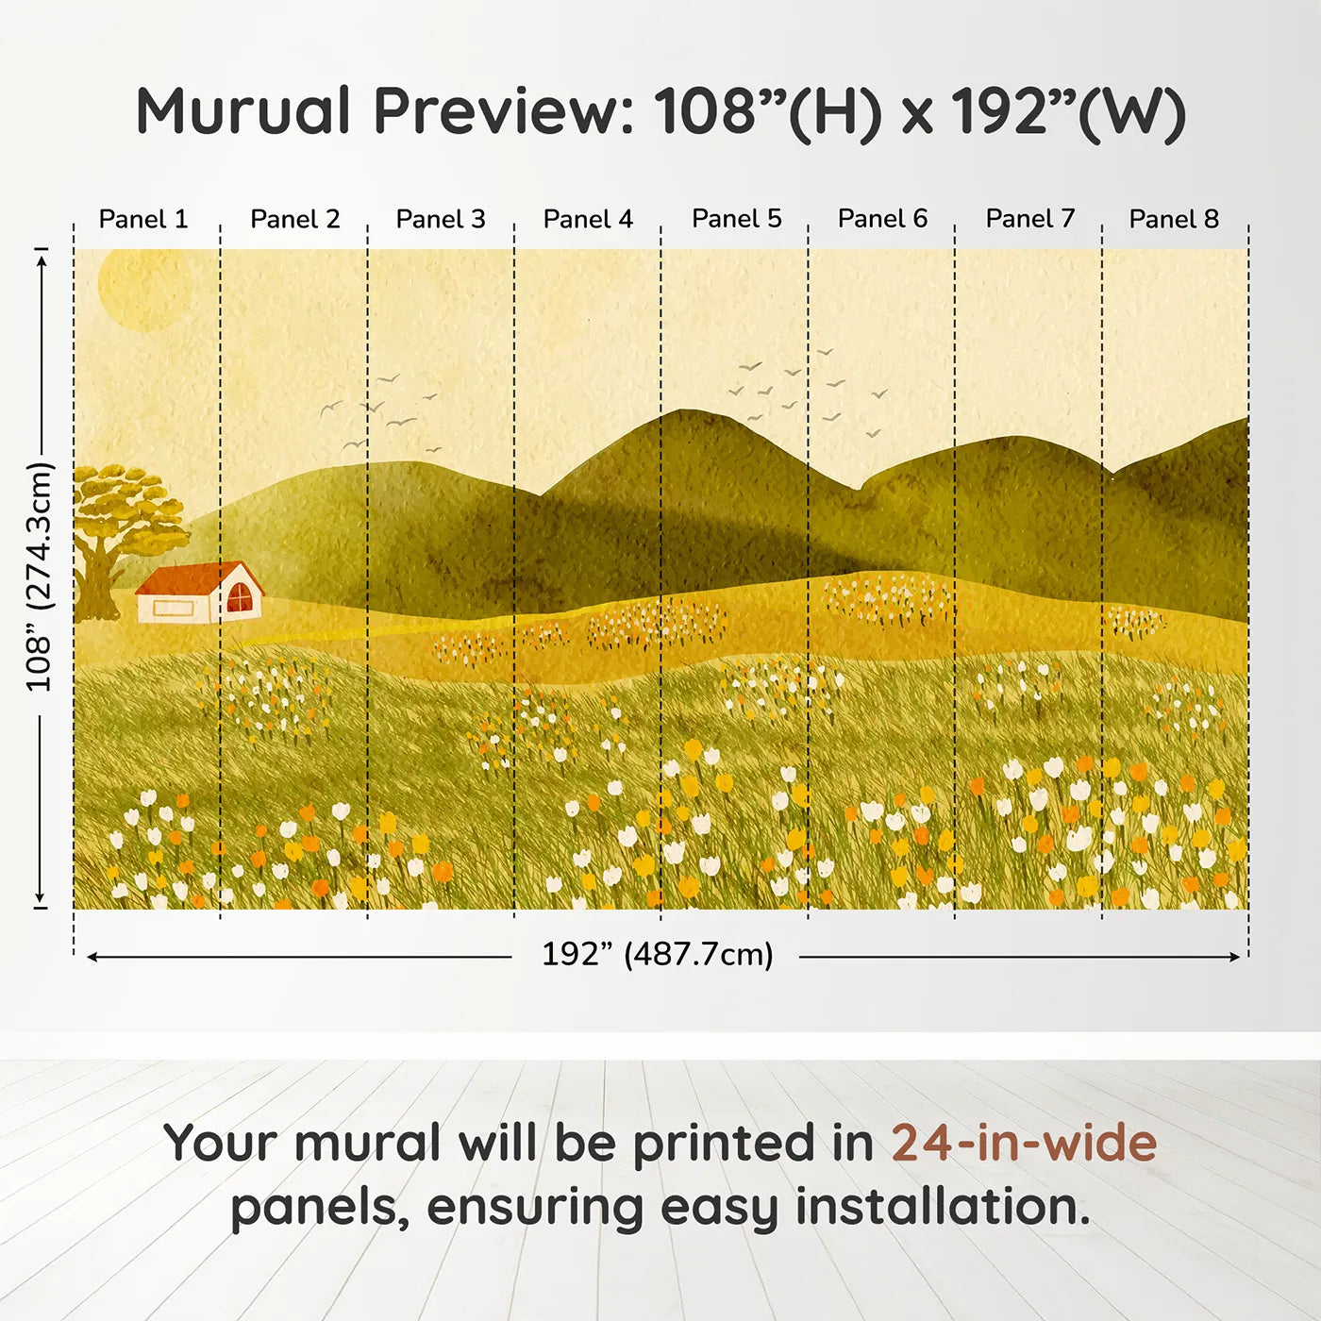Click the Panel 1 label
click(x=143, y=219)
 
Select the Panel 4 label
click(x=588, y=219)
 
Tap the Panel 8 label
click(x=1174, y=219)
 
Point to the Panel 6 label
click(x=882, y=219)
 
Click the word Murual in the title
click(x=243, y=111)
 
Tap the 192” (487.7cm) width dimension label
click(x=657, y=954)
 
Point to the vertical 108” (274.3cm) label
click(x=40, y=577)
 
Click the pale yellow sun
click(x=143, y=288)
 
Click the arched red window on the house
click(x=240, y=597)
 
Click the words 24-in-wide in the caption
click(x=1023, y=1144)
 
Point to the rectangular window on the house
click(x=174, y=609)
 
